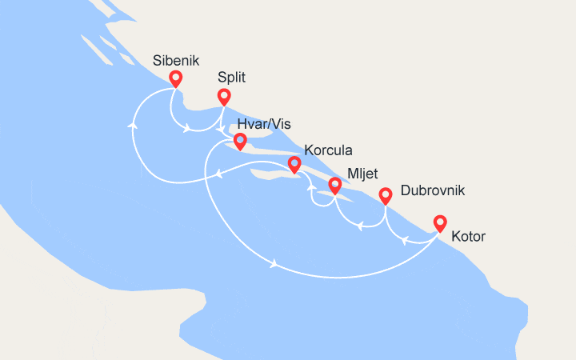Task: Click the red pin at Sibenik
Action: pos(174,78)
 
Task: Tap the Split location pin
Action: pos(224,97)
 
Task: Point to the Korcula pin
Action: pos(294,164)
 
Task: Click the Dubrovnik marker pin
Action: pos(385,194)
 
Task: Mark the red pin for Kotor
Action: pos(439,222)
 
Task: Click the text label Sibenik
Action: pos(175,61)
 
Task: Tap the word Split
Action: pos(231,78)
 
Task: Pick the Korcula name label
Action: pos(328,150)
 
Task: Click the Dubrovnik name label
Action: pos(432,191)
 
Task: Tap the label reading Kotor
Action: pos(468,237)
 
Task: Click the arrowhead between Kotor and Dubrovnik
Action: pos(407,238)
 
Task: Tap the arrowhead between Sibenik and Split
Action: pos(188,127)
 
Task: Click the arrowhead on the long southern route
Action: pos(274,264)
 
